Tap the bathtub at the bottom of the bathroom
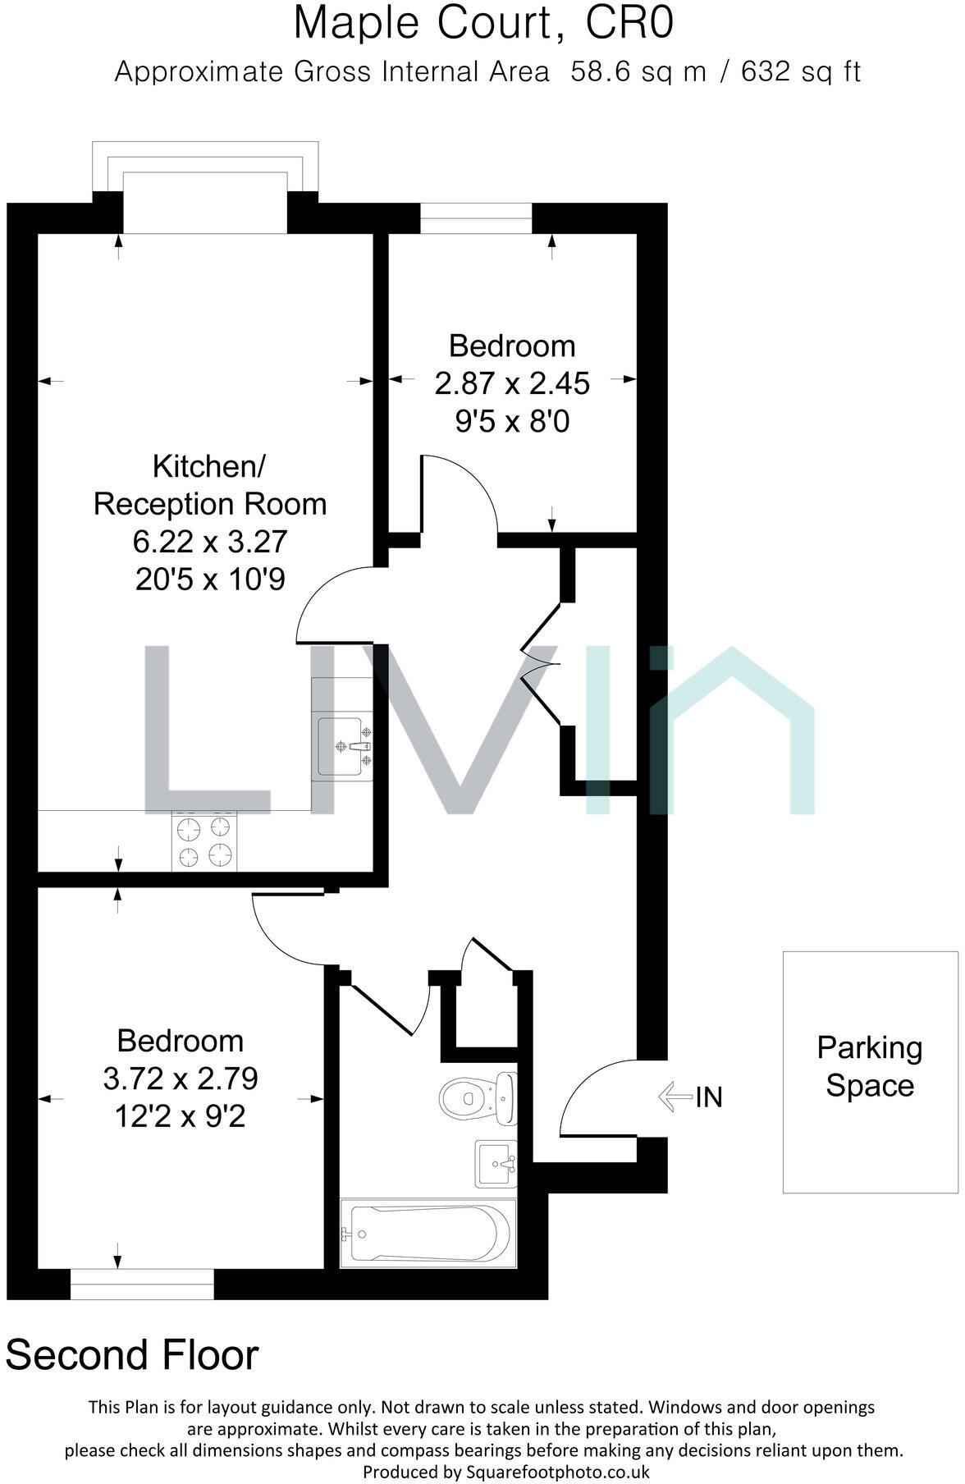[x=428, y=1234]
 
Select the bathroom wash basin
[x=496, y=1164]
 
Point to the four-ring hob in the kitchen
[x=204, y=841]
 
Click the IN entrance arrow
[x=676, y=1097]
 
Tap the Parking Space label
[x=869, y=1067]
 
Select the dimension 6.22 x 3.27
[x=210, y=542]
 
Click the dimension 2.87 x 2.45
[x=512, y=383]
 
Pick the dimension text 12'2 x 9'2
[x=181, y=1116]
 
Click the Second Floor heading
[x=132, y=1355]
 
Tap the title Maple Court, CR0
[x=483, y=24]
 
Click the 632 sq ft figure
[x=800, y=72]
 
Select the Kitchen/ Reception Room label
[x=210, y=485]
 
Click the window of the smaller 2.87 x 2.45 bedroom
[x=476, y=218]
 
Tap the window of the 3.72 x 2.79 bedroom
[x=142, y=1284]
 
